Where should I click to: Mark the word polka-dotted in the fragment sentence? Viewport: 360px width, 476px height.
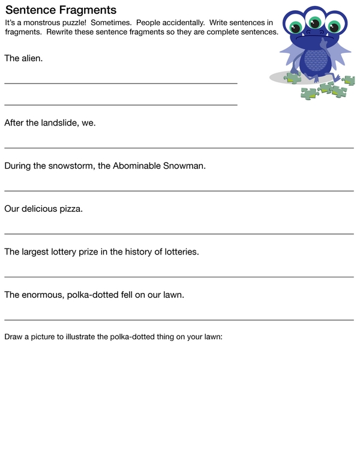[93, 295]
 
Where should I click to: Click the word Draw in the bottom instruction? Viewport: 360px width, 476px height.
[14, 337]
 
